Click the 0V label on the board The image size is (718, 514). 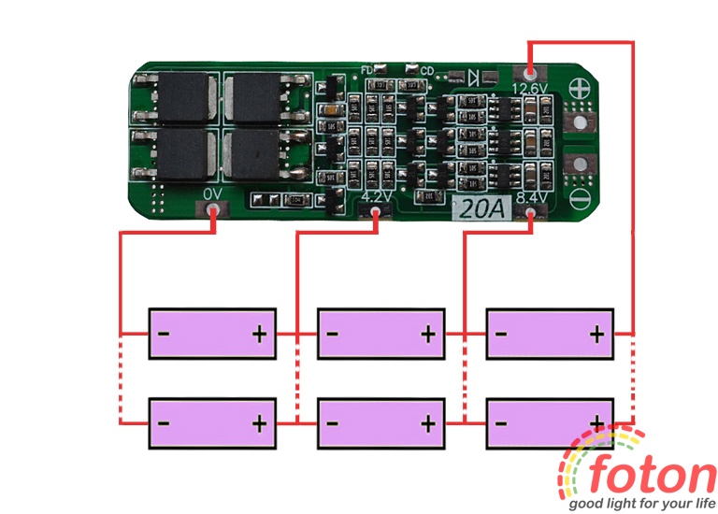[213, 193]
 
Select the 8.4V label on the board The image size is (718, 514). [529, 198]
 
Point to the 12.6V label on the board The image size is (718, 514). [531, 88]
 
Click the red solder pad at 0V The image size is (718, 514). [214, 214]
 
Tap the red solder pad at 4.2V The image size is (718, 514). [376, 215]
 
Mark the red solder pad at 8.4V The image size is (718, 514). [530, 216]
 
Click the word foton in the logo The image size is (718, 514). [653, 475]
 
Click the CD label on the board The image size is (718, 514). [427, 70]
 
